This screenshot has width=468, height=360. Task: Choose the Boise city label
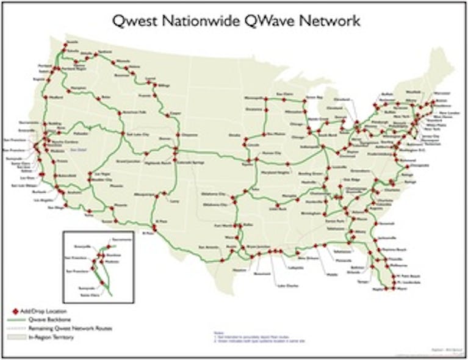[x=107, y=98]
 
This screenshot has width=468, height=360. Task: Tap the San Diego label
[x=56, y=207]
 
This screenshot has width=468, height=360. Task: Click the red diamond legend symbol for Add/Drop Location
[x=15, y=311]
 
